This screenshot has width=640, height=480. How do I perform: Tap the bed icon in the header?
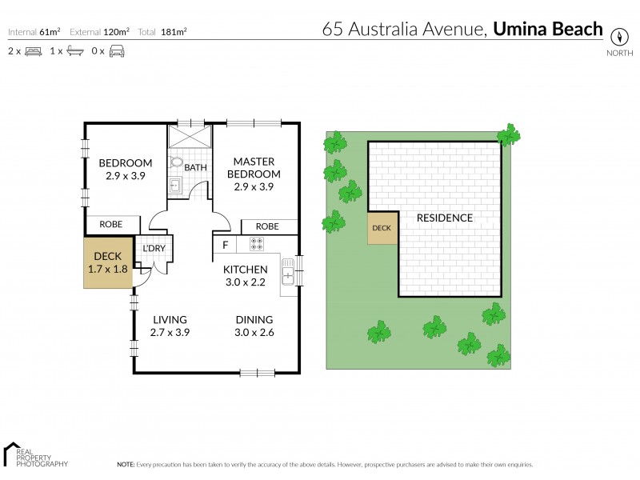click(x=33, y=51)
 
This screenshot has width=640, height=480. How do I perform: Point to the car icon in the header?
click(x=117, y=51)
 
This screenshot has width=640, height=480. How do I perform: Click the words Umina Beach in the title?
click(x=548, y=30)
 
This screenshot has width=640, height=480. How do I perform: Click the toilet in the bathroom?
click(x=177, y=162)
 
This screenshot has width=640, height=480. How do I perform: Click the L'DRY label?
click(x=154, y=248)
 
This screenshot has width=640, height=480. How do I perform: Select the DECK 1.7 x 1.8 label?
click(x=107, y=262)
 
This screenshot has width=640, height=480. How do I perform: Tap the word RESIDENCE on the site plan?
click(x=444, y=218)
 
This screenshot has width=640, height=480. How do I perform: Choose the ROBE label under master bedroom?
click(x=267, y=226)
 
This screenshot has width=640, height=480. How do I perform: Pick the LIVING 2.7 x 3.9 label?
click(x=170, y=326)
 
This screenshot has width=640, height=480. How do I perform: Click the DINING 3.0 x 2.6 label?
click(x=254, y=326)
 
